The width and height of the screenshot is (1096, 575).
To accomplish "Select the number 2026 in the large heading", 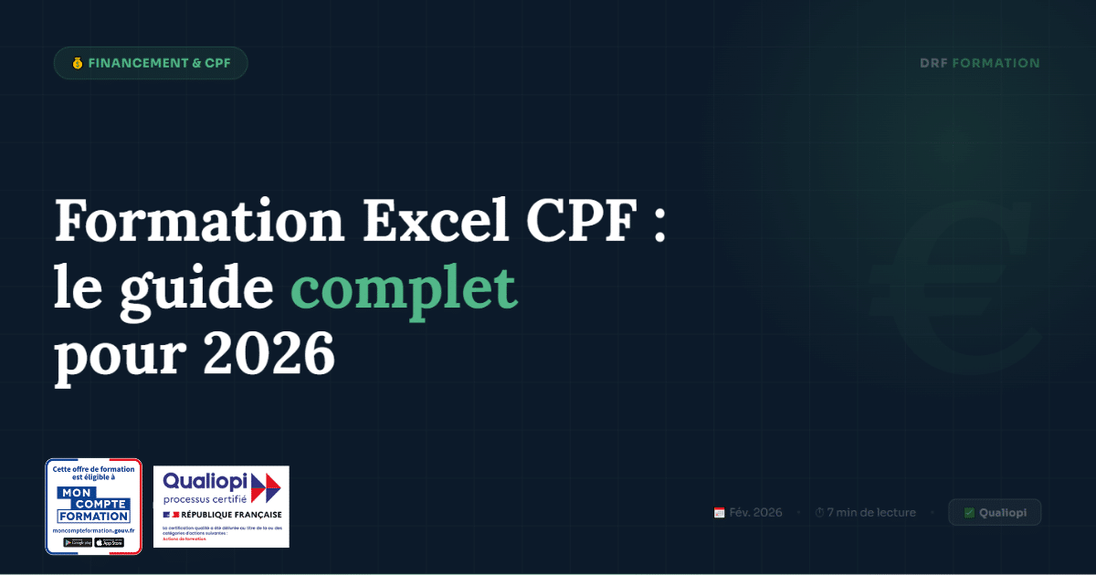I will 269,354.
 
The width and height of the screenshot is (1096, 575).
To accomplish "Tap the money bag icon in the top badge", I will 77,64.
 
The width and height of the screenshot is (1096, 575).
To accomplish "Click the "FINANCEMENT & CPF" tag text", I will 160,64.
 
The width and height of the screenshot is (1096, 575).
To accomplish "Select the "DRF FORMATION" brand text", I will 980,64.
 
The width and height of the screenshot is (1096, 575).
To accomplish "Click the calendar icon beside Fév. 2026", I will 720,513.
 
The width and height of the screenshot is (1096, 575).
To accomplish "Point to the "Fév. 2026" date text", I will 755,513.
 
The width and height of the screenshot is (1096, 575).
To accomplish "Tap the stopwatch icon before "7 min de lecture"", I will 819,513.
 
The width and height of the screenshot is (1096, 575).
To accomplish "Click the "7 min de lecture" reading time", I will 870,513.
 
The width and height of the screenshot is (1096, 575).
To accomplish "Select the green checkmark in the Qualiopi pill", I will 969,513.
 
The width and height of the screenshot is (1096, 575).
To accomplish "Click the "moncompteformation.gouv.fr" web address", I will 93,530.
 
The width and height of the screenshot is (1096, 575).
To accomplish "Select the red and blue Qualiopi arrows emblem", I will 266,487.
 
